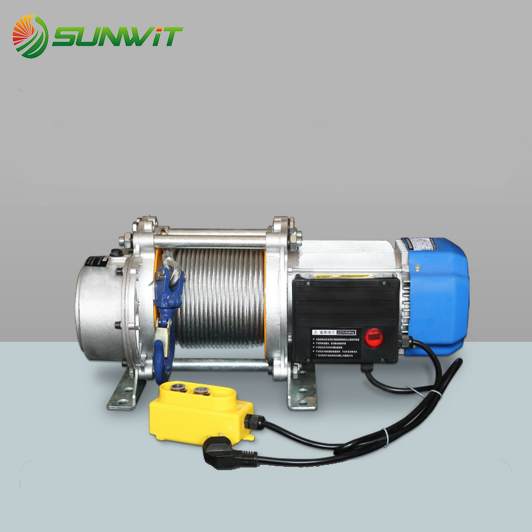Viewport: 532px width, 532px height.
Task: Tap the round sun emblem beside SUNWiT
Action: [x=30, y=37]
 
